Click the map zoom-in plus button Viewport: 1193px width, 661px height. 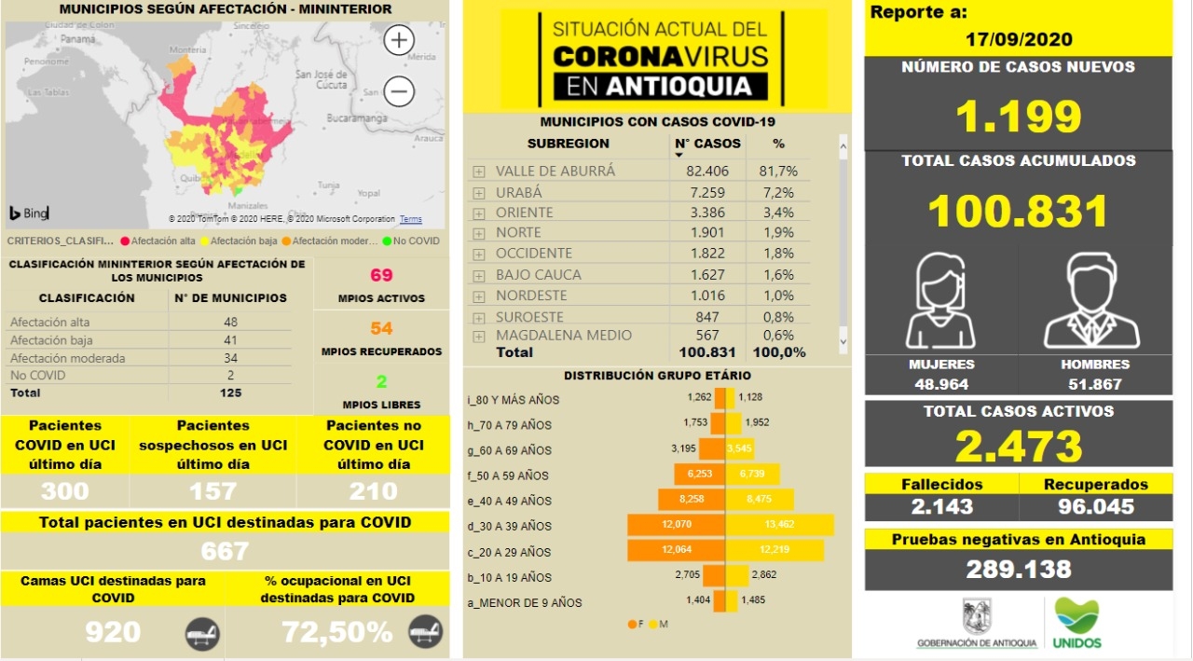tap(399, 41)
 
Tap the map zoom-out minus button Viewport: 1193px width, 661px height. tap(399, 91)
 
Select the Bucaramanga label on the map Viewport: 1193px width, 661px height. tap(357, 118)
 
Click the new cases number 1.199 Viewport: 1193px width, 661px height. tap(1019, 117)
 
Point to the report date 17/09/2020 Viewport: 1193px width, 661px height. tap(1018, 39)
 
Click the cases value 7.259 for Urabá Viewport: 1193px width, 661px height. tap(705, 192)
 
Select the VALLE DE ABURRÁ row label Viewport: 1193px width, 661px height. tap(555, 172)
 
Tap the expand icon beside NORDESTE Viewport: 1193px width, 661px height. tap(478, 296)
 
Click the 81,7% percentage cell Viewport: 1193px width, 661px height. tap(778, 172)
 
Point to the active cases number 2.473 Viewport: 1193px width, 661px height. tap(1019, 446)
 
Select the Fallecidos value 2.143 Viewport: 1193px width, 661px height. tap(941, 506)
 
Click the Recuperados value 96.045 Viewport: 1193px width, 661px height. tap(1095, 506)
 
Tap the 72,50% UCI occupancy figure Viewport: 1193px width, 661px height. tap(336, 632)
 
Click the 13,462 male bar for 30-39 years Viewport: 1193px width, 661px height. tap(779, 526)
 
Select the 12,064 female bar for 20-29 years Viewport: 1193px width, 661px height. tap(678, 551)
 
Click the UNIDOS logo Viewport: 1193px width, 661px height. tap(1076, 623)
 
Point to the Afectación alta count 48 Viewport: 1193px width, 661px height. tap(230, 323)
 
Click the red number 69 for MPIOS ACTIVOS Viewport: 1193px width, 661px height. tap(381, 275)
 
